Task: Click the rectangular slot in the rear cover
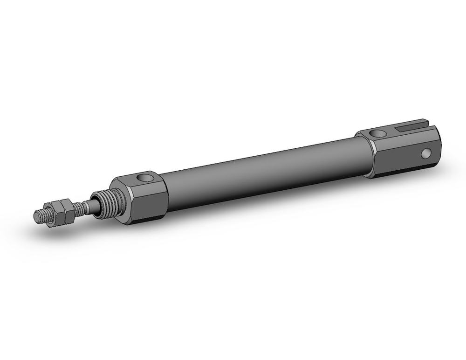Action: (412, 126)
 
